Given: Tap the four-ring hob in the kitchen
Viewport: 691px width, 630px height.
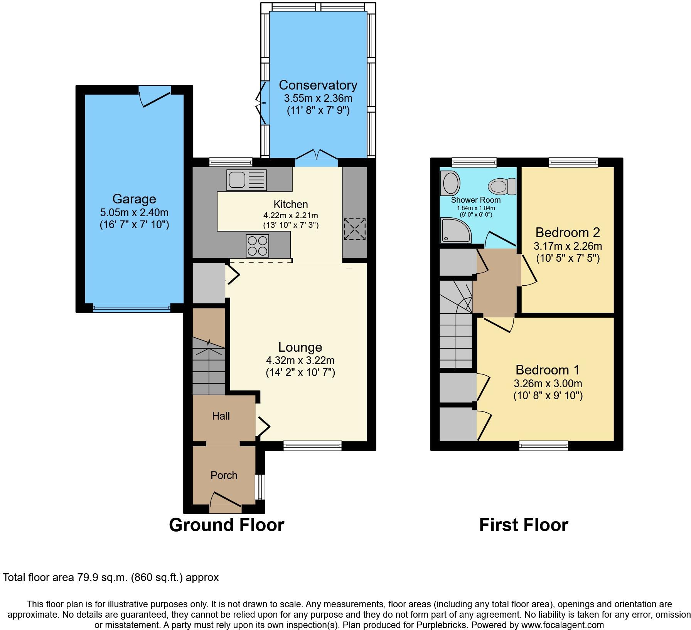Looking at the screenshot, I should tap(257, 246).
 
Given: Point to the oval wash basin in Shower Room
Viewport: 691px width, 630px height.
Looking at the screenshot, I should tap(450, 183).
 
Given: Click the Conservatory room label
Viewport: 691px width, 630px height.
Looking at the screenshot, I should tap(318, 85).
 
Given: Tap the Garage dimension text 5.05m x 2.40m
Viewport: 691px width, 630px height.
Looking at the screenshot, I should tap(134, 212).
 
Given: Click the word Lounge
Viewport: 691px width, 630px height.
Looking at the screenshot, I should tap(300, 347).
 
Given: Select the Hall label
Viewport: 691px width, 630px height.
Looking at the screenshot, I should tap(221, 416).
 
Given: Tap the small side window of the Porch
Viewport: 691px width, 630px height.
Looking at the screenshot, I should tap(261, 487).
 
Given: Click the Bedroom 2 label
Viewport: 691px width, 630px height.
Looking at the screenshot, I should tap(568, 232).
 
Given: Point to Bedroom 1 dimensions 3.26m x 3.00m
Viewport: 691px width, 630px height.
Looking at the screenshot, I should tap(548, 384).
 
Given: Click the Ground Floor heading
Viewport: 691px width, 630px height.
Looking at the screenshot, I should tap(226, 525).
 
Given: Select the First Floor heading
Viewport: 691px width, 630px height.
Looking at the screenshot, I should tap(523, 525).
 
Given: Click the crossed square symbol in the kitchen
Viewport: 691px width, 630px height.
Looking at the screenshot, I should tap(354, 229).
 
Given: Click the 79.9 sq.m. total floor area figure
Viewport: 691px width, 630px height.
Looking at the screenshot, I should tap(101, 577).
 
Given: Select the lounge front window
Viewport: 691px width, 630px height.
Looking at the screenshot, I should tap(312, 446).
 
